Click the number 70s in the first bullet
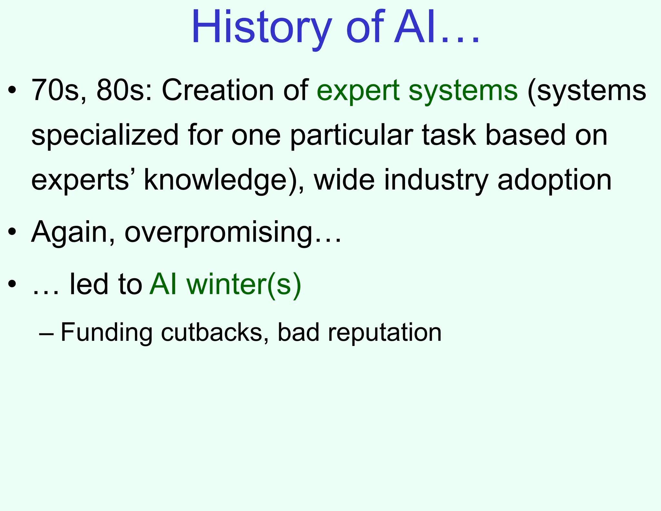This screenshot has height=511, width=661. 55,90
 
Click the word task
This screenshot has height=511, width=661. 449,135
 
